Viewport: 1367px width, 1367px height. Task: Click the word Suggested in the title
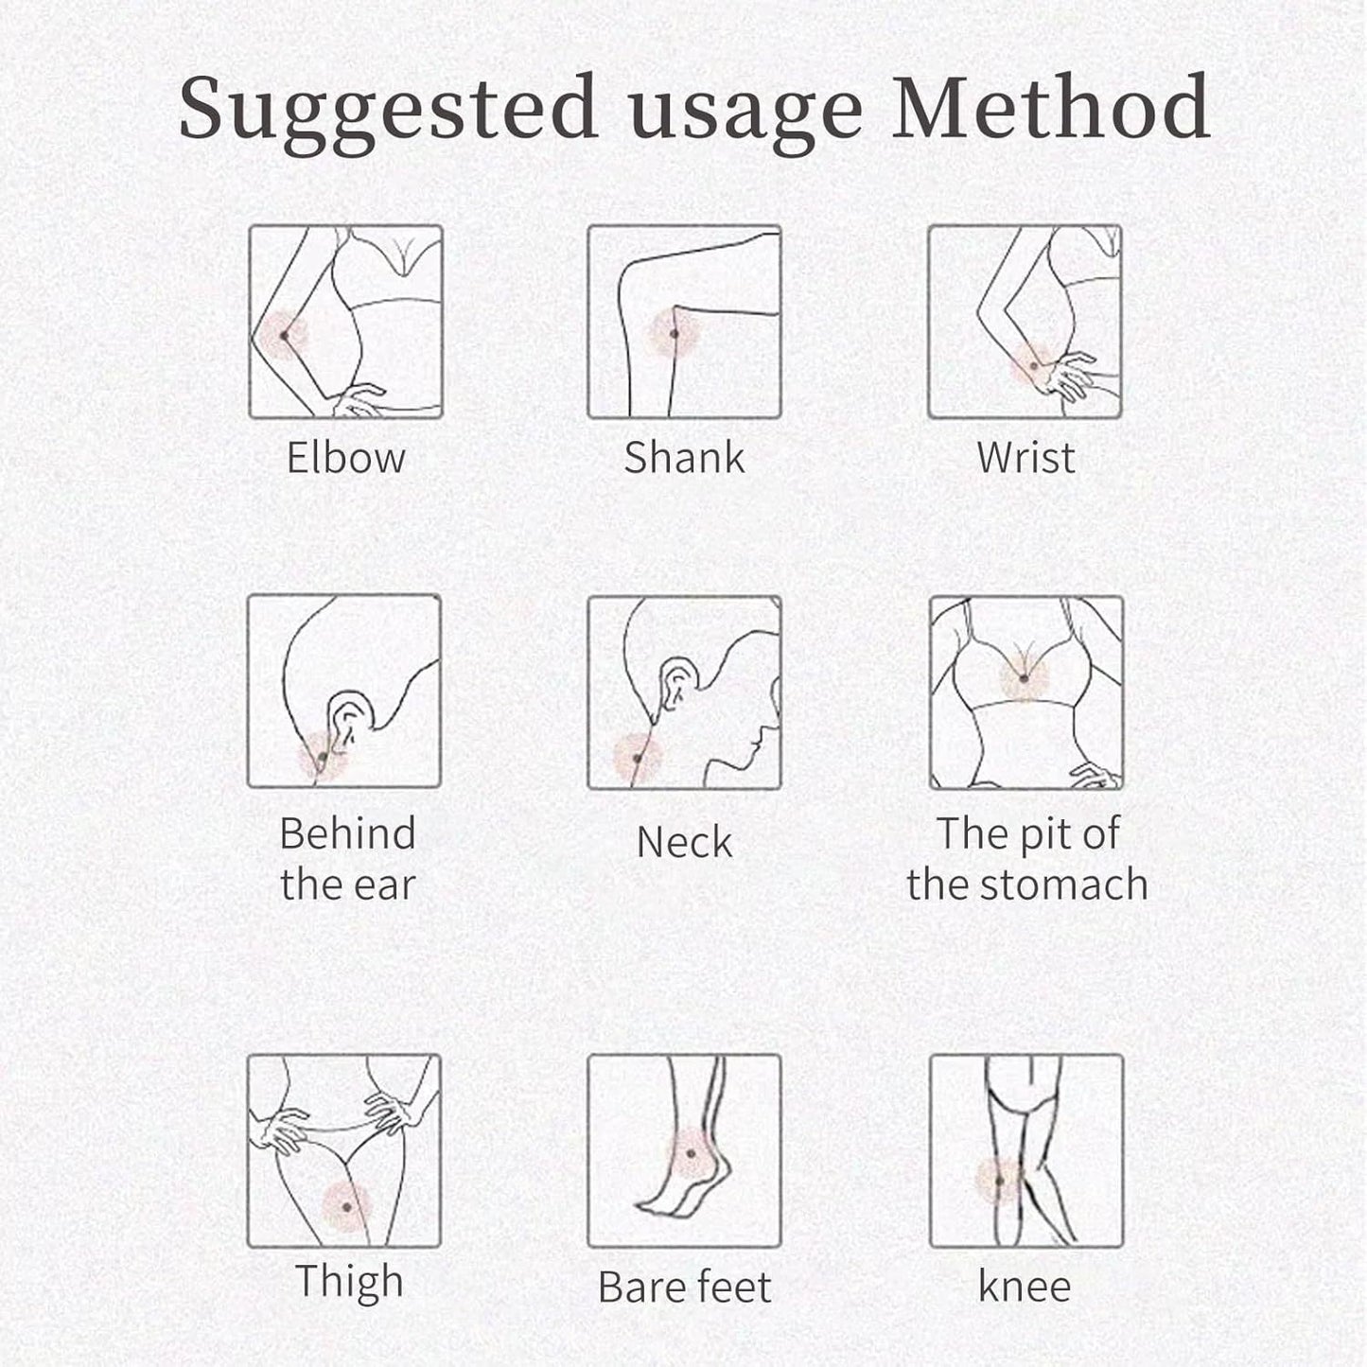tap(387, 113)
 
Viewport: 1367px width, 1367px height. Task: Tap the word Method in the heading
tap(1051, 106)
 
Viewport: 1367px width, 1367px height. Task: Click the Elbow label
tap(345, 458)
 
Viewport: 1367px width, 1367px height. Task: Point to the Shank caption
tap(684, 457)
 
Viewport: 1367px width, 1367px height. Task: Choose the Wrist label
tap(1025, 458)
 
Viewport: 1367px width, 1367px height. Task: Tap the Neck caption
tap(684, 842)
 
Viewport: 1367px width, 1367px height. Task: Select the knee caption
tap(1025, 1286)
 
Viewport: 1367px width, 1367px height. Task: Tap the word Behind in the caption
tap(347, 832)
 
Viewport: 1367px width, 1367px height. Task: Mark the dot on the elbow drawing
tap(285, 336)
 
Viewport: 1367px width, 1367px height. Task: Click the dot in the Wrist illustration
tap(1034, 366)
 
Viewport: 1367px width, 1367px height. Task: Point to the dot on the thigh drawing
tap(346, 1206)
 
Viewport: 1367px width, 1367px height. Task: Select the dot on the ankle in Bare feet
tap(691, 1153)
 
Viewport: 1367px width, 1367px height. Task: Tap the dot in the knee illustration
tap(1000, 1182)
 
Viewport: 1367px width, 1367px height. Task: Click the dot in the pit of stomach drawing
tap(1024, 679)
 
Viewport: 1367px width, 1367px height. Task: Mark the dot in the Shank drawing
tap(674, 333)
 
